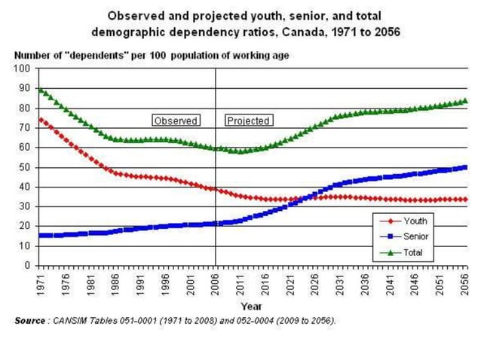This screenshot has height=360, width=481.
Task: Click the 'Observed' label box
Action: point(176,121)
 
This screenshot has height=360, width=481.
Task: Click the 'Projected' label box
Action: point(248,121)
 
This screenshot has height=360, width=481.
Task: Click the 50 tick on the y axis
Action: point(25,167)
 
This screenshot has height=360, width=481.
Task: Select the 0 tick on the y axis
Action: point(27,265)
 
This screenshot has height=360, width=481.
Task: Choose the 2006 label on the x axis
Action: point(216,284)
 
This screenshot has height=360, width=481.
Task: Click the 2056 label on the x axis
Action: point(465,284)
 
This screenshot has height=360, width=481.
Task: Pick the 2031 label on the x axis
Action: point(341,284)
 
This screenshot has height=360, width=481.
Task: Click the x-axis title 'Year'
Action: point(252,307)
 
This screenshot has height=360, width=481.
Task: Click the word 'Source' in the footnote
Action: point(30,321)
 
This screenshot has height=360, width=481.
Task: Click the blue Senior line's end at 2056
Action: point(464,167)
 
